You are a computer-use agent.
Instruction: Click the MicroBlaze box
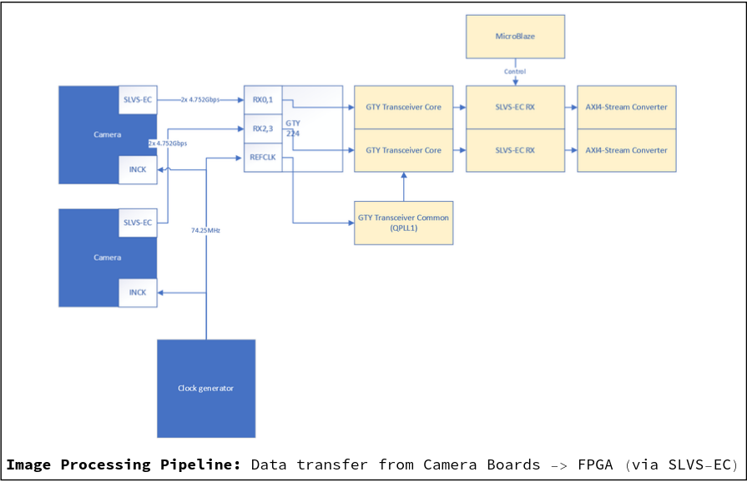tap(515, 36)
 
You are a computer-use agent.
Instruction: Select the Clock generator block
tap(206, 388)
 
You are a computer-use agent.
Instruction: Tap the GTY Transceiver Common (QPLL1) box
tap(403, 223)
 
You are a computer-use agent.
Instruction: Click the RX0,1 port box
tap(264, 100)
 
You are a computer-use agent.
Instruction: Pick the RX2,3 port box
tap(264, 128)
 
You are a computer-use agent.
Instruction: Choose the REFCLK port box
tap(264, 157)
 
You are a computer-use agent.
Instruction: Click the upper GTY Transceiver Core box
tap(403, 107)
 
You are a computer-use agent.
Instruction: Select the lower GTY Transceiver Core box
tap(403, 150)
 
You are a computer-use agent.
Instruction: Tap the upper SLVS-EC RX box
tap(515, 107)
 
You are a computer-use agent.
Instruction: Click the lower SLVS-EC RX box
tap(515, 150)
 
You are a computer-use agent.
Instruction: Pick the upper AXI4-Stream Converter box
tap(626, 107)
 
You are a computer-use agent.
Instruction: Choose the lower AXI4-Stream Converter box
tap(626, 150)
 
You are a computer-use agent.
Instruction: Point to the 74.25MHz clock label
tap(205, 230)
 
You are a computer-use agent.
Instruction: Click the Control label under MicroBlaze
tap(515, 72)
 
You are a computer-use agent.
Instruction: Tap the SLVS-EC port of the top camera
tap(138, 99)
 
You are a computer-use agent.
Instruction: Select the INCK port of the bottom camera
tap(138, 293)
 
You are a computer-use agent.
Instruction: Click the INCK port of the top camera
tap(138, 169)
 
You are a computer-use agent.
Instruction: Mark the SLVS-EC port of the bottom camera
tap(138, 223)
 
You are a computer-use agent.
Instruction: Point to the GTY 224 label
tap(293, 128)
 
